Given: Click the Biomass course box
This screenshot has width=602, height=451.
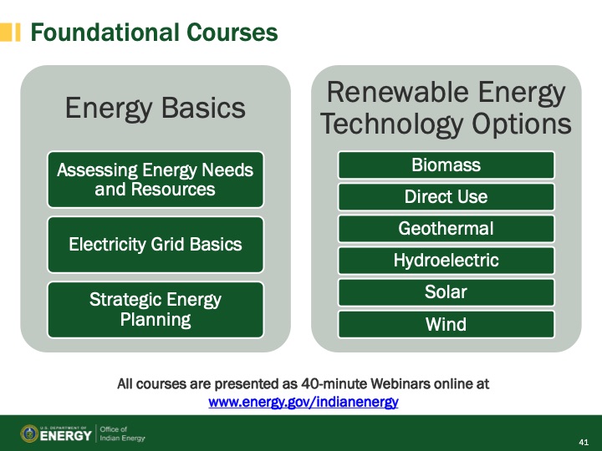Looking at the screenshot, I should (446, 165).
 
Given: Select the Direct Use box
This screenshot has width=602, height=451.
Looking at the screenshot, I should (446, 197).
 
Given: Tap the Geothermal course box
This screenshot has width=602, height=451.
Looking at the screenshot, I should (446, 229).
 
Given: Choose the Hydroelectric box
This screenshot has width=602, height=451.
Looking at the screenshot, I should (446, 261).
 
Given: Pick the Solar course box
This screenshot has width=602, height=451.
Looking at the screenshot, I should (446, 292).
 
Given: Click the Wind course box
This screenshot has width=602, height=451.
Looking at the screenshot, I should (446, 324).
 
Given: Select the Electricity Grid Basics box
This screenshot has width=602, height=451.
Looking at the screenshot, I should (156, 245).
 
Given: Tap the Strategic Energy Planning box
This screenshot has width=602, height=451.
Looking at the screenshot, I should (156, 309).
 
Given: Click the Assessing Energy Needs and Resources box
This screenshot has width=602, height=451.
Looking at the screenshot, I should (156, 180).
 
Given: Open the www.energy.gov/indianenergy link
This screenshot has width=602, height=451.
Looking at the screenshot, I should (303, 402).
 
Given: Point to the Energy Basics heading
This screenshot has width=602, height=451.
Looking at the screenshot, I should (156, 108).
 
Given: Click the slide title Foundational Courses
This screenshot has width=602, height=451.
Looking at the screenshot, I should (154, 33).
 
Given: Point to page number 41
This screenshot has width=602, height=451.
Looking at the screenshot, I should (584, 440).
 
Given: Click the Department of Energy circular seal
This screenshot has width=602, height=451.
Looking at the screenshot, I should (29, 433).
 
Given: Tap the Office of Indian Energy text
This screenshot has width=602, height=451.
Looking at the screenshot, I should (122, 433).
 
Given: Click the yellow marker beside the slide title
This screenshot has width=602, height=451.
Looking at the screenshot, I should (11, 33).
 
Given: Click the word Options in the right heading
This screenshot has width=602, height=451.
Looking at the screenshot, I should (520, 124).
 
